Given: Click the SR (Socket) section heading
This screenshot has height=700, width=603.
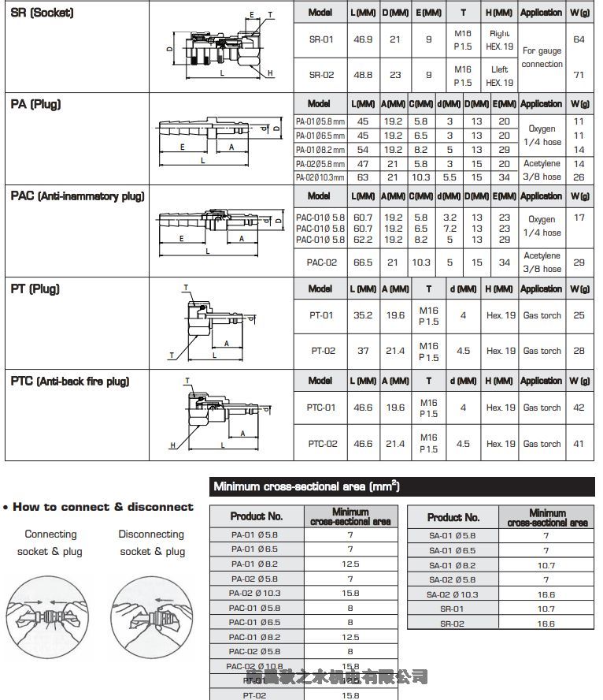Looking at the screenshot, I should tap(43, 13).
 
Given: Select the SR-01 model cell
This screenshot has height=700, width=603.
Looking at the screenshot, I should tap(320, 39).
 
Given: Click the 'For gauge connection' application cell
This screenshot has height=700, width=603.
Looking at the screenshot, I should tap(542, 58).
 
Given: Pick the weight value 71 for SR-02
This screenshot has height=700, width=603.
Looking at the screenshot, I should tap(579, 75).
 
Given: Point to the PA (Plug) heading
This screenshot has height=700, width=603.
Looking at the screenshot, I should tap(36, 104).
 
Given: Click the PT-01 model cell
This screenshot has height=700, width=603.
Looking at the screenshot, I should tap(320, 315).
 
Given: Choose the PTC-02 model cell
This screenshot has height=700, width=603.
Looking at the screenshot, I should tap(320, 444).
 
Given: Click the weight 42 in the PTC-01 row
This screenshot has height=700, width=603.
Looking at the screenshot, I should tap(579, 408).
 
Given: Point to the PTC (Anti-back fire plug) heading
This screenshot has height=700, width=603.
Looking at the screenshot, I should tap(70, 382).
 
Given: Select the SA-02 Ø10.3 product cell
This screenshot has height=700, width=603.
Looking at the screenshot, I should tap(452, 594).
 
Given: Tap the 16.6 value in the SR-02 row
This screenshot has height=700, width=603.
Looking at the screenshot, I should tap(545, 624).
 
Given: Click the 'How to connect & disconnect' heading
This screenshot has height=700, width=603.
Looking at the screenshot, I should tap(98, 507).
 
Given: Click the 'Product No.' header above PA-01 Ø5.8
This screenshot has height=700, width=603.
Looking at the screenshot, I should tap(256, 516).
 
